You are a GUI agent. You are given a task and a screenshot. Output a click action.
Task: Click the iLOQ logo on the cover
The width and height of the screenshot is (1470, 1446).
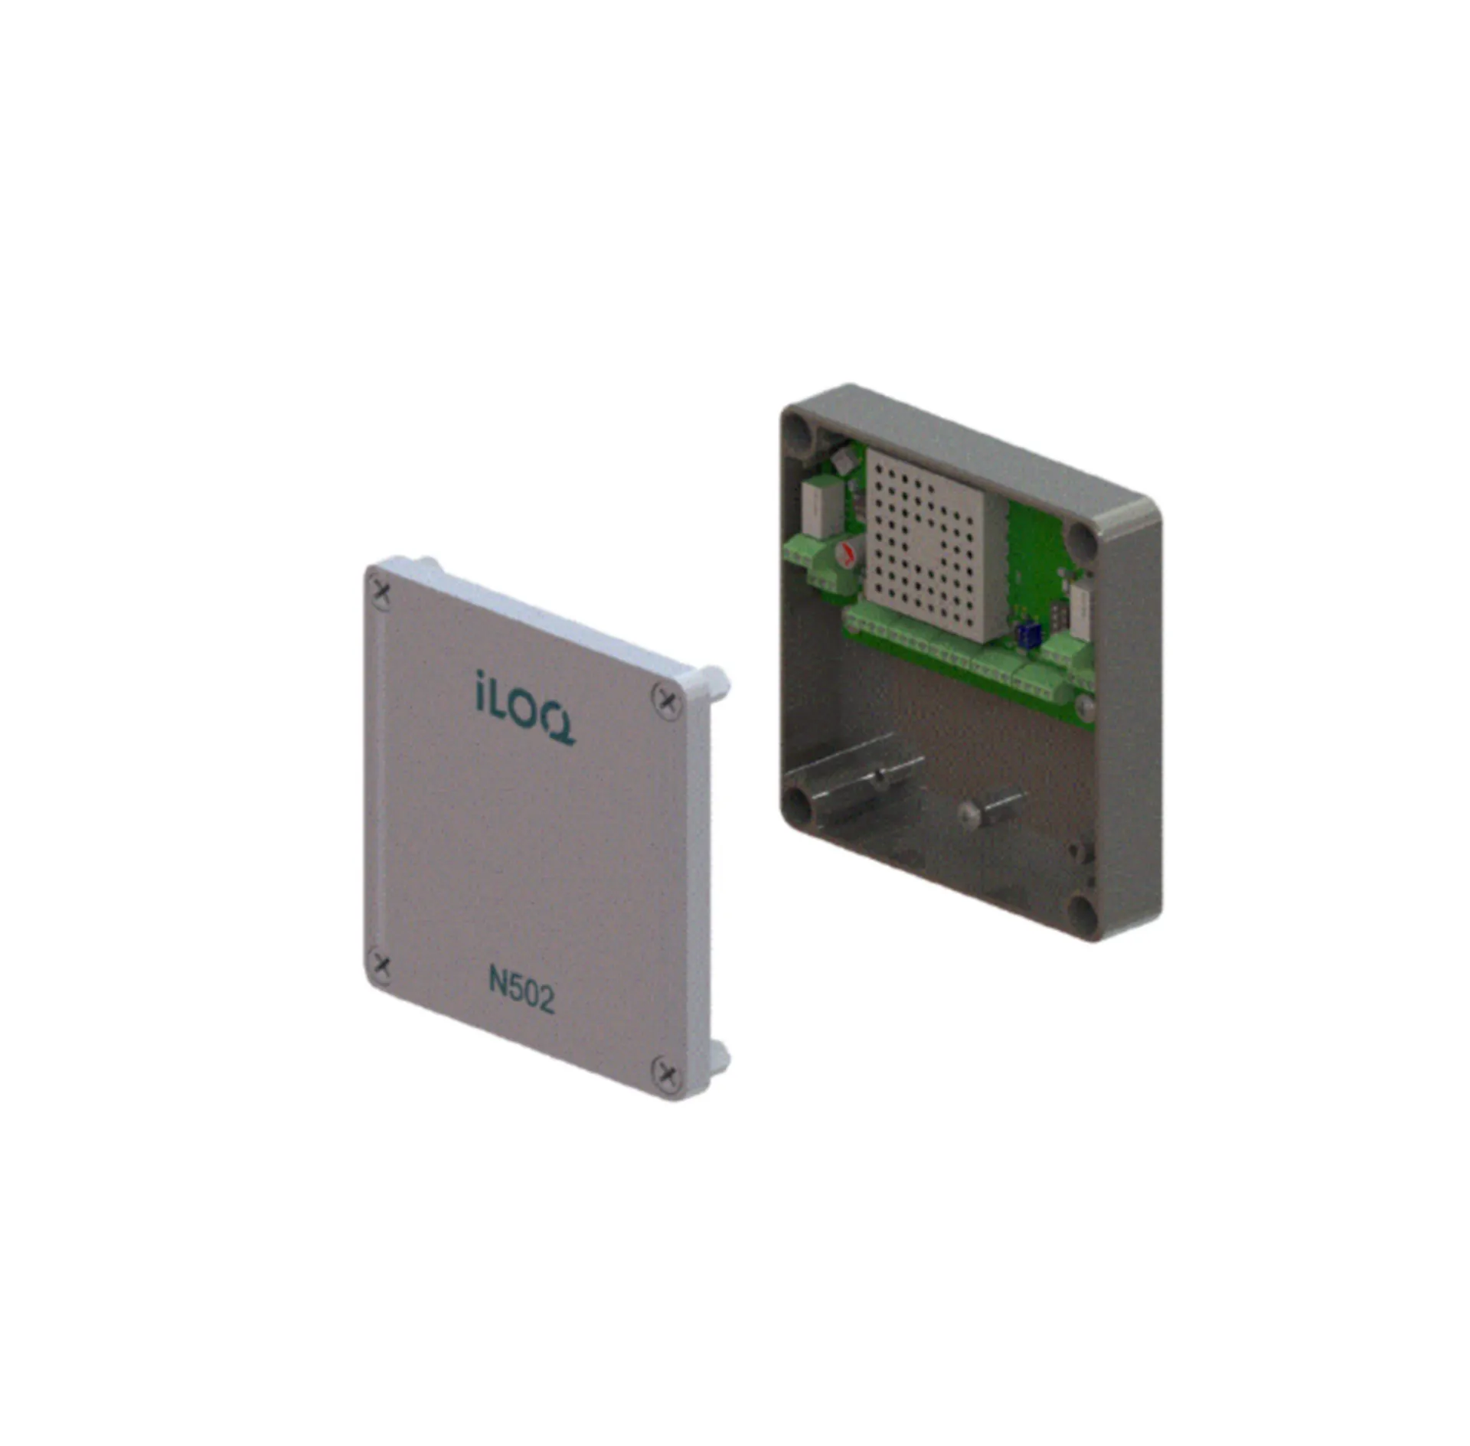pos(525,707)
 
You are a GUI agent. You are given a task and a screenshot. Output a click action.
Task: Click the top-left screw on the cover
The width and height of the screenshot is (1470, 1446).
pos(381,592)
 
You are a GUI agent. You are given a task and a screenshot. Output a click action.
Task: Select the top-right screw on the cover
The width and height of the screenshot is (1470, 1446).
pos(667,700)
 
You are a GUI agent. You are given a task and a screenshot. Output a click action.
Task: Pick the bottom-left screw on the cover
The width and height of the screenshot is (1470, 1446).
pos(380,966)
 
